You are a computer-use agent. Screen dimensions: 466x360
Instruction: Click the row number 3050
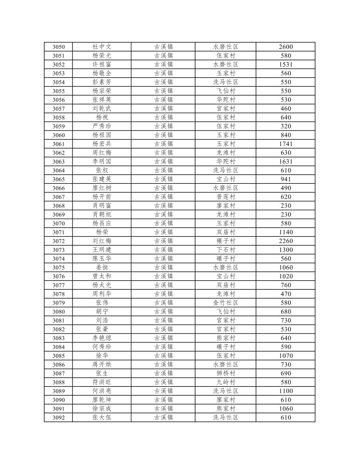[x=59, y=47]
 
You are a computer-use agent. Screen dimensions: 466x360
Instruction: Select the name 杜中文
[x=102, y=47]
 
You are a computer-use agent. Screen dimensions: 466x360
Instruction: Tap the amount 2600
[x=286, y=47]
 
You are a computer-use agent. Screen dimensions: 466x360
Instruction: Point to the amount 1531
[x=286, y=65]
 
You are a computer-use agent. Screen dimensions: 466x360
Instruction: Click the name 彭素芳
[x=102, y=82]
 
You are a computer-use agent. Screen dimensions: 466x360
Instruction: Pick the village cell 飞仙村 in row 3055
[x=226, y=91]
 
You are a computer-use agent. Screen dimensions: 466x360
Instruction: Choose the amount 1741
[x=286, y=144]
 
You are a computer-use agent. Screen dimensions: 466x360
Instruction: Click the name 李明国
[x=102, y=162]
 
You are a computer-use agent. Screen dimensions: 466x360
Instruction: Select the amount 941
[x=286, y=179]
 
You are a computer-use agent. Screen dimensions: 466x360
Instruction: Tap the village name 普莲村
[x=226, y=197]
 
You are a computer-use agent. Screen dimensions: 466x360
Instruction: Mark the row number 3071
[x=59, y=232]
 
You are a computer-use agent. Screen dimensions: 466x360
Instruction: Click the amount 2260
[x=286, y=241]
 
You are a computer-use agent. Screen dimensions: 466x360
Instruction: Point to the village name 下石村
[x=226, y=250]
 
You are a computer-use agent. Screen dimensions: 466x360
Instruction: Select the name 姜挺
[x=102, y=268]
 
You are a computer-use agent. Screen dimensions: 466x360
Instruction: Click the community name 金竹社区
[x=226, y=303]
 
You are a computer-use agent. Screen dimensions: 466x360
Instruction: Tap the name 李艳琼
[x=102, y=338]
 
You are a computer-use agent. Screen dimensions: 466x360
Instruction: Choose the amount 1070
[x=286, y=356]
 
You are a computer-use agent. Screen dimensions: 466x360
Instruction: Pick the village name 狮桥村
[x=226, y=373]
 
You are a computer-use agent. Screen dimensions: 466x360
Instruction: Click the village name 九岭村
[x=226, y=382]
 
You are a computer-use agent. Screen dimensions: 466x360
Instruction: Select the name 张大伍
[x=102, y=417]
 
